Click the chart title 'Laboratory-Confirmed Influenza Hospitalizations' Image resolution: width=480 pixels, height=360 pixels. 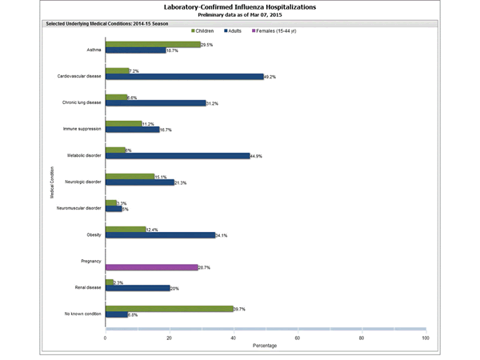[x=239, y=6]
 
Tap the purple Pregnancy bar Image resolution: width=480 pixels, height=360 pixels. [x=151, y=267]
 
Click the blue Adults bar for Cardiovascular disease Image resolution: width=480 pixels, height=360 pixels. [x=184, y=77]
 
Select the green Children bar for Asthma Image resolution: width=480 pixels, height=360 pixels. [x=153, y=45]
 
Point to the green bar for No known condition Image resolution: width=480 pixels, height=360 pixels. [x=169, y=308]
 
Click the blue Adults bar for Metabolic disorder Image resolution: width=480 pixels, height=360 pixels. [x=177, y=156]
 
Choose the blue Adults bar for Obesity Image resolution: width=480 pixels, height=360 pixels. [x=160, y=235]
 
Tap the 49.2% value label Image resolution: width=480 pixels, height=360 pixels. [x=272, y=77]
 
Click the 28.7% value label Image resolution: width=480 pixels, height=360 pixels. [x=206, y=267]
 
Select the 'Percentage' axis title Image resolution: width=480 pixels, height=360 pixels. [x=266, y=346]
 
